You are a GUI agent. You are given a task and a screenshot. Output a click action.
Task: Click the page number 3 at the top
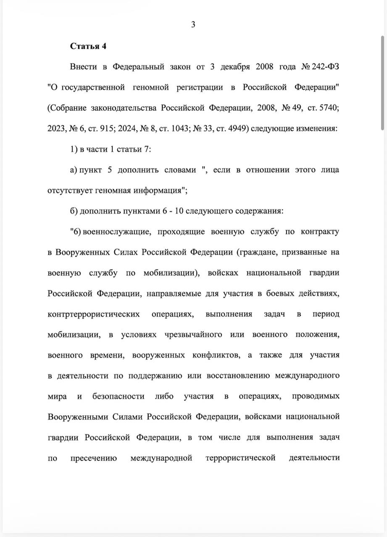click(193, 24)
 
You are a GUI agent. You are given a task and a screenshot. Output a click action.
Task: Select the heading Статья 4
click(88, 46)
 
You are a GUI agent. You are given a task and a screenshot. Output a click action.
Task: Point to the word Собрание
click(67, 108)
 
